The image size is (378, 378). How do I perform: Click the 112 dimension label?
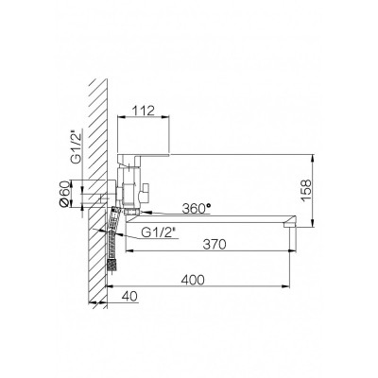(x=144, y=111)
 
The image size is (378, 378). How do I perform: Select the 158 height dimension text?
(x=305, y=190)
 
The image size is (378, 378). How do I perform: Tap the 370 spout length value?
(x=215, y=244)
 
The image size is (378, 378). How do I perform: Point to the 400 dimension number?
(x=193, y=280)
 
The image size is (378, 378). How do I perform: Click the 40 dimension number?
(x=129, y=297)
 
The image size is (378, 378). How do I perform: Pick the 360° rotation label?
(x=197, y=208)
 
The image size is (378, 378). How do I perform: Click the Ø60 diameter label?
(x=63, y=194)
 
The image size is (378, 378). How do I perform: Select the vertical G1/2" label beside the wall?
(x=76, y=148)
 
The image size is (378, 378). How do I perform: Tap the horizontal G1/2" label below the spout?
(x=158, y=232)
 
